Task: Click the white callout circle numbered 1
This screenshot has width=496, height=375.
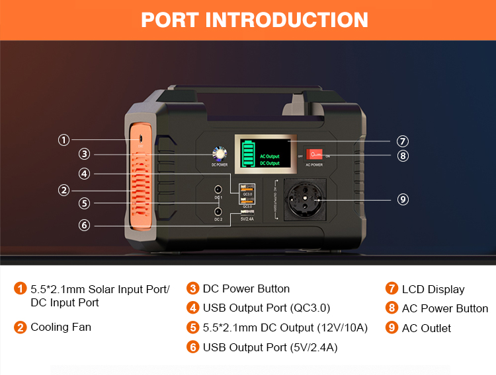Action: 63,140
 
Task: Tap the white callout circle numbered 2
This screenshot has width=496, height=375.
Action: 63,190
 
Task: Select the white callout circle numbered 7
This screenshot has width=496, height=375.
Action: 402,141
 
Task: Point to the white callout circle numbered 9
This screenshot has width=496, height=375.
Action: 402,199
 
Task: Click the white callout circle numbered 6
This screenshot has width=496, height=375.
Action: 84,225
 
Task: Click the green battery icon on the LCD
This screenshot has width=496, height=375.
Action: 247,154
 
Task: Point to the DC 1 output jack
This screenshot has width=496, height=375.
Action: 218,189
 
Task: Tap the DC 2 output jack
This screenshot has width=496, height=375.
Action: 218,212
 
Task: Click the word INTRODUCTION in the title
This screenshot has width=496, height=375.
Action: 287,20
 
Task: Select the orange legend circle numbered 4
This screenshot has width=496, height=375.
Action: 193,308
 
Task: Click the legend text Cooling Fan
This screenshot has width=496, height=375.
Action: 61,327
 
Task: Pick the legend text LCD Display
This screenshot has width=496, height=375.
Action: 433,289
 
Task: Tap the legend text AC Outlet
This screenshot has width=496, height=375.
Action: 427,328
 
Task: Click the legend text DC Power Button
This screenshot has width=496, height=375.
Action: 246,289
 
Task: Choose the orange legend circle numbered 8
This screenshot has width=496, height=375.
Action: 392,308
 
